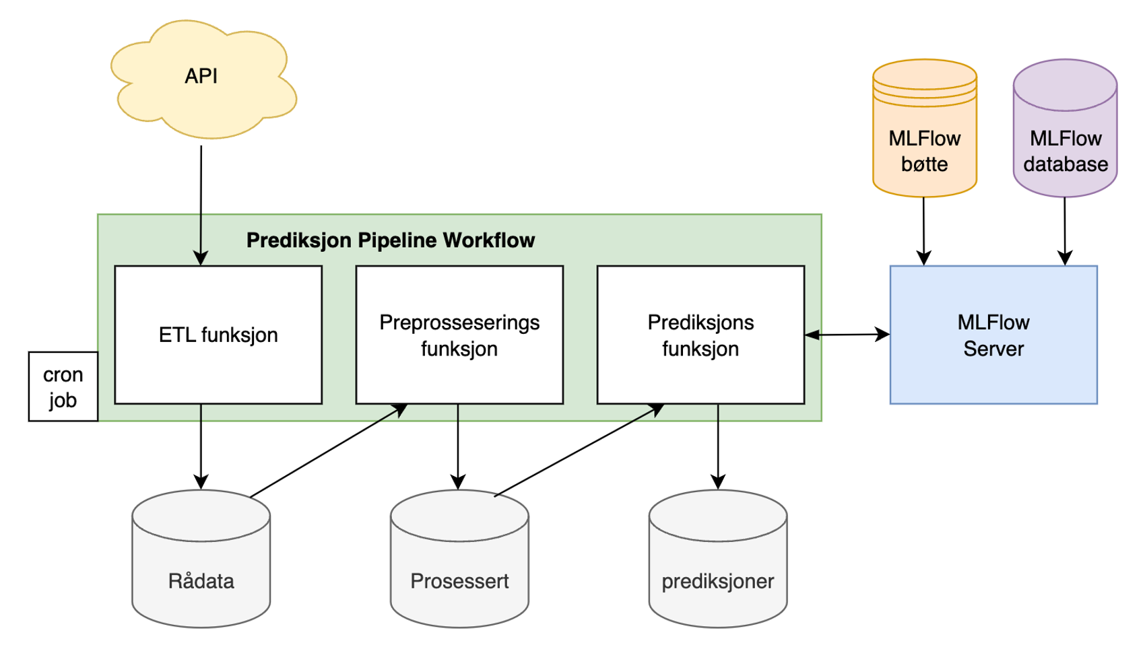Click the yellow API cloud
pyautogui.click(x=202, y=77)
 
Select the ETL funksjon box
pyautogui.click(x=218, y=335)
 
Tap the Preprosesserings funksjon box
pyautogui.click(x=459, y=335)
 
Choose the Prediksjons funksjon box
pyautogui.click(x=700, y=335)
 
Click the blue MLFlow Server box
pyautogui.click(x=993, y=335)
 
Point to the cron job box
pyautogui.click(x=63, y=386)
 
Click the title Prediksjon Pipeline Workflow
pyautogui.click(x=390, y=240)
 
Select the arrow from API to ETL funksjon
pyautogui.click(x=201, y=202)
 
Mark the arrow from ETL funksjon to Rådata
pyautogui.click(x=201, y=446)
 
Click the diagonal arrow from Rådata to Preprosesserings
pyautogui.click(x=328, y=450)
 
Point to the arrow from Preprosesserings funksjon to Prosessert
pyautogui.click(x=458, y=446)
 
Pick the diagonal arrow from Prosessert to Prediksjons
pyautogui.click(x=579, y=450)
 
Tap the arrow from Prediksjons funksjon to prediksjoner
pyautogui.click(x=718, y=446)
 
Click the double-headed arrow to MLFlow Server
pyautogui.click(x=847, y=334)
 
